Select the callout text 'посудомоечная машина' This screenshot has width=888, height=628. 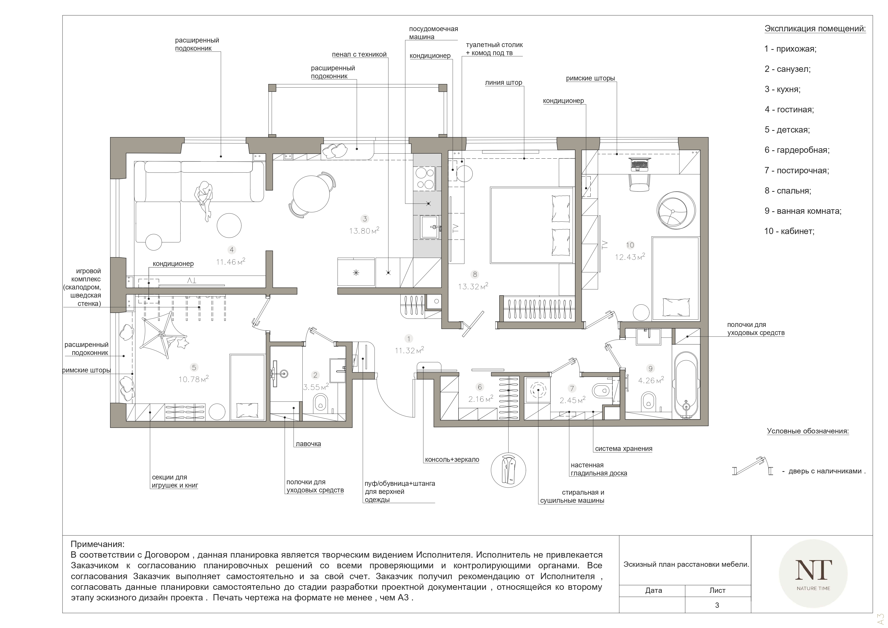click(433, 33)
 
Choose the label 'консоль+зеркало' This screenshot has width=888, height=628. click(452, 460)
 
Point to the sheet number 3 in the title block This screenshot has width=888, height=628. click(717, 605)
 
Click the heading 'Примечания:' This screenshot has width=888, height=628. click(97, 545)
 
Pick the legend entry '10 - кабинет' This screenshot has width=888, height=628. click(789, 231)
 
